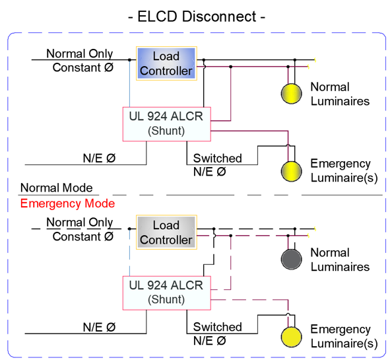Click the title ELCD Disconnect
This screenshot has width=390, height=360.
pyautogui.click(x=197, y=17)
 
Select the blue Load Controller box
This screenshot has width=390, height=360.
pyautogui.click(x=166, y=63)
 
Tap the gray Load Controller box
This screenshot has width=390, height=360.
pyautogui.click(x=166, y=233)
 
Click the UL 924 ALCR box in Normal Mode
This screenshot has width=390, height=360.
pyautogui.click(x=167, y=124)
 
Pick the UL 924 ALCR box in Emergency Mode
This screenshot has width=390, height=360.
pyautogui.click(x=167, y=293)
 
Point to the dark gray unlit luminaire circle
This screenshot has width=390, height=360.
pyautogui.click(x=291, y=259)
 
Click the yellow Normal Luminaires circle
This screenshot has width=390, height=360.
pyautogui.click(x=291, y=93)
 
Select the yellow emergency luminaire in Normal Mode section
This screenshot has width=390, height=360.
pyautogui.click(x=291, y=171)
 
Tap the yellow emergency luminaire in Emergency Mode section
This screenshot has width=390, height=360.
pyautogui.click(x=291, y=337)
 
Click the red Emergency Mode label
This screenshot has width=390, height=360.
pyautogui.click(x=67, y=203)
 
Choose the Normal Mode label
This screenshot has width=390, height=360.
pyautogui.click(x=57, y=188)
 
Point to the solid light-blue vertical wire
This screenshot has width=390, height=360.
pyautogui.click(x=129, y=83)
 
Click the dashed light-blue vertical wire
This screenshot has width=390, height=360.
pyautogui.click(x=129, y=252)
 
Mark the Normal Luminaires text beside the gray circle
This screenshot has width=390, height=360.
pyautogui.click(x=340, y=260)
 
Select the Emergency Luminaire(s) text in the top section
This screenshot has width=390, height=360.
pyautogui.click(x=344, y=170)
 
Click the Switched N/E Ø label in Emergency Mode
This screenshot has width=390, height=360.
pyautogui.click(x=217, y=334)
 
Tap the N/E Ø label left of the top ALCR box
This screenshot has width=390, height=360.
pyautogui.click(x=99, y=158)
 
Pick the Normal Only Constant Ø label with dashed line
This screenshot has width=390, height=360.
pyautogui.click(x=80, y=229)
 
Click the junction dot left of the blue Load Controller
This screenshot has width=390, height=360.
pyautogui.click(x=129, y=59)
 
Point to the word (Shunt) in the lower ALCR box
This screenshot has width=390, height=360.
pyautogui.click(x=166, y=299)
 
